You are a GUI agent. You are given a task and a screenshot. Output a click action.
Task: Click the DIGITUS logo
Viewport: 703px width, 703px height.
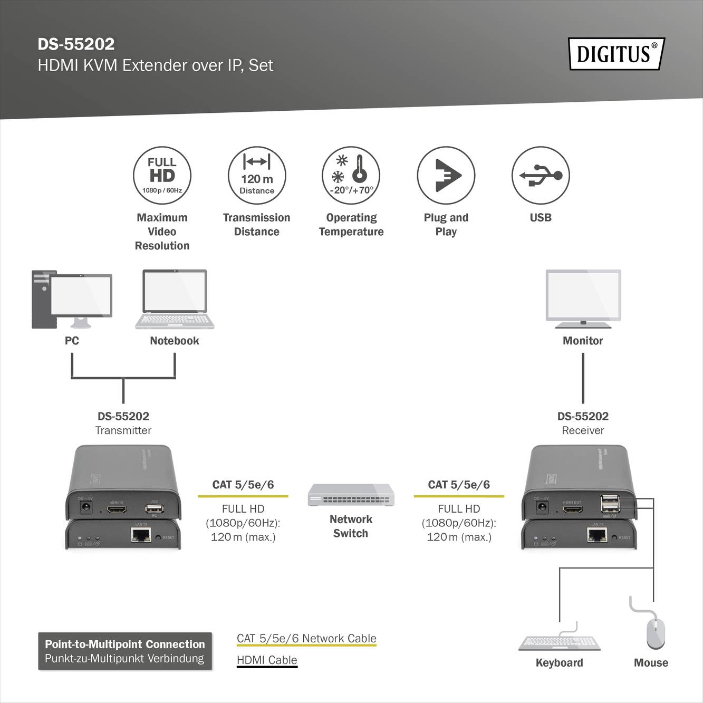[x=616, y=54]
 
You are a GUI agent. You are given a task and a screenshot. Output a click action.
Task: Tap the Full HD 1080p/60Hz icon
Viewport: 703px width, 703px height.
[x=162, y=176]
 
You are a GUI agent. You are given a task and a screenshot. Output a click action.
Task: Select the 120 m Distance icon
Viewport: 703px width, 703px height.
[x=257, y=176]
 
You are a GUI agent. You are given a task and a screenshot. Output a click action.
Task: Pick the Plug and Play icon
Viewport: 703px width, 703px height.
[x=446, y=176]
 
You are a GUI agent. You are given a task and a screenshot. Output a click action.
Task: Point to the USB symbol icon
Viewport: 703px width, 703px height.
[x=541, y=176]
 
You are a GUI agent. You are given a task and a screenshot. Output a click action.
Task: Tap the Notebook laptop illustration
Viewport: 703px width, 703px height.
[x=175, y=300]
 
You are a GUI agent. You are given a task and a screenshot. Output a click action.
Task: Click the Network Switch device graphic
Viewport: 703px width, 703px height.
[x=351, y=495]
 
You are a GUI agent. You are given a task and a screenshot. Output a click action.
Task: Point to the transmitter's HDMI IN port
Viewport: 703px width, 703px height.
[x=117, y=510]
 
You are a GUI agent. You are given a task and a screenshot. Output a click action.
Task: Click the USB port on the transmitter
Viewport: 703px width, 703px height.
[x=154, y=509]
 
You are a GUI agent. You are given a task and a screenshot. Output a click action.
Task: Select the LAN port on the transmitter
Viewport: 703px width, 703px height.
[x=141, y=535]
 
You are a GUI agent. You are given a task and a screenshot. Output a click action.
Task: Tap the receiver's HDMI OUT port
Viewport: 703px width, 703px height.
[x=572, y=510]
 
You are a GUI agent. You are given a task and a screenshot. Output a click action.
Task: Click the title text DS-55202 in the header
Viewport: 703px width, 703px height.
[x=76, y=44]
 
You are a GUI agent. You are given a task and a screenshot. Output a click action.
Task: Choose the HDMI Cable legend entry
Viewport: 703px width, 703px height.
[x=267, y=660]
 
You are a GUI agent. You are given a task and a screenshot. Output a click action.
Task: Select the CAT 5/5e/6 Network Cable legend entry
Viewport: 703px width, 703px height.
[x=306, y=639]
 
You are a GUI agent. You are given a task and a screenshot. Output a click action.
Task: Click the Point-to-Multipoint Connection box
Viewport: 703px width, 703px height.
[x=125, y=651]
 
